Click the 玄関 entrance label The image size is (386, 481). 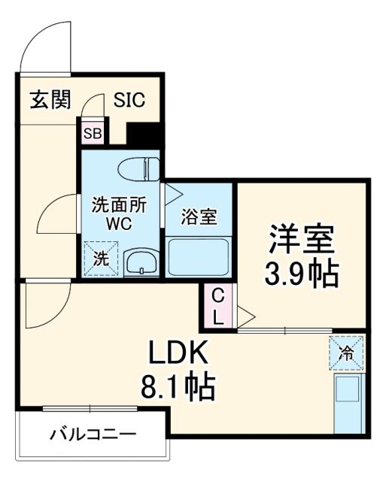tap(50, 100)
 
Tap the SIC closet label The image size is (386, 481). tap(129, 100)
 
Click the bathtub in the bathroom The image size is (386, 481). tap(198, 257)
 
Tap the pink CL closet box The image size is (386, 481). tap(217, 306)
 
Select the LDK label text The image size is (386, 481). tap(177, 353)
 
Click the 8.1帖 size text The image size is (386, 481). tap(177, 388)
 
